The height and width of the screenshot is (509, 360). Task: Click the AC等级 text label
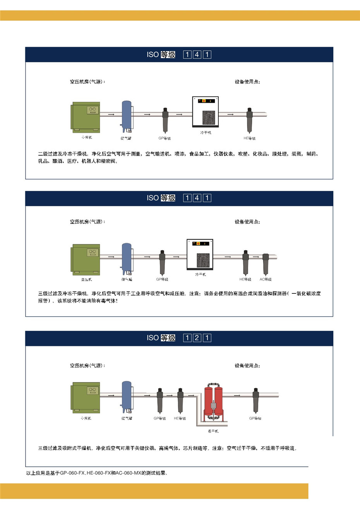[x=266, y=279]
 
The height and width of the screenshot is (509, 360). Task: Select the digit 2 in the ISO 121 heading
[x=197, y=338]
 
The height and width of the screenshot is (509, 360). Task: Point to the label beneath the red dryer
[x=213, y=431]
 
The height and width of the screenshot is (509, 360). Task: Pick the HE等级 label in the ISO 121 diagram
[x=180, y=418]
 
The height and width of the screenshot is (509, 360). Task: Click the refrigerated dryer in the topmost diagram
[x=206, y=112]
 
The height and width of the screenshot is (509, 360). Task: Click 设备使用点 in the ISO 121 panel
[x=247, y=365]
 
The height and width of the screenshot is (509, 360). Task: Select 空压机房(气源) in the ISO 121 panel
[x=87, y=365]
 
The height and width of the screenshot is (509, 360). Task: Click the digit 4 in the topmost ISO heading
[x=197, y=55]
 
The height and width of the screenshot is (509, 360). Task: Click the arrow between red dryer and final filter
[x=237, y=395]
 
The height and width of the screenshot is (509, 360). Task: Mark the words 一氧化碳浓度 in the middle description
[x=306, y=294]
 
